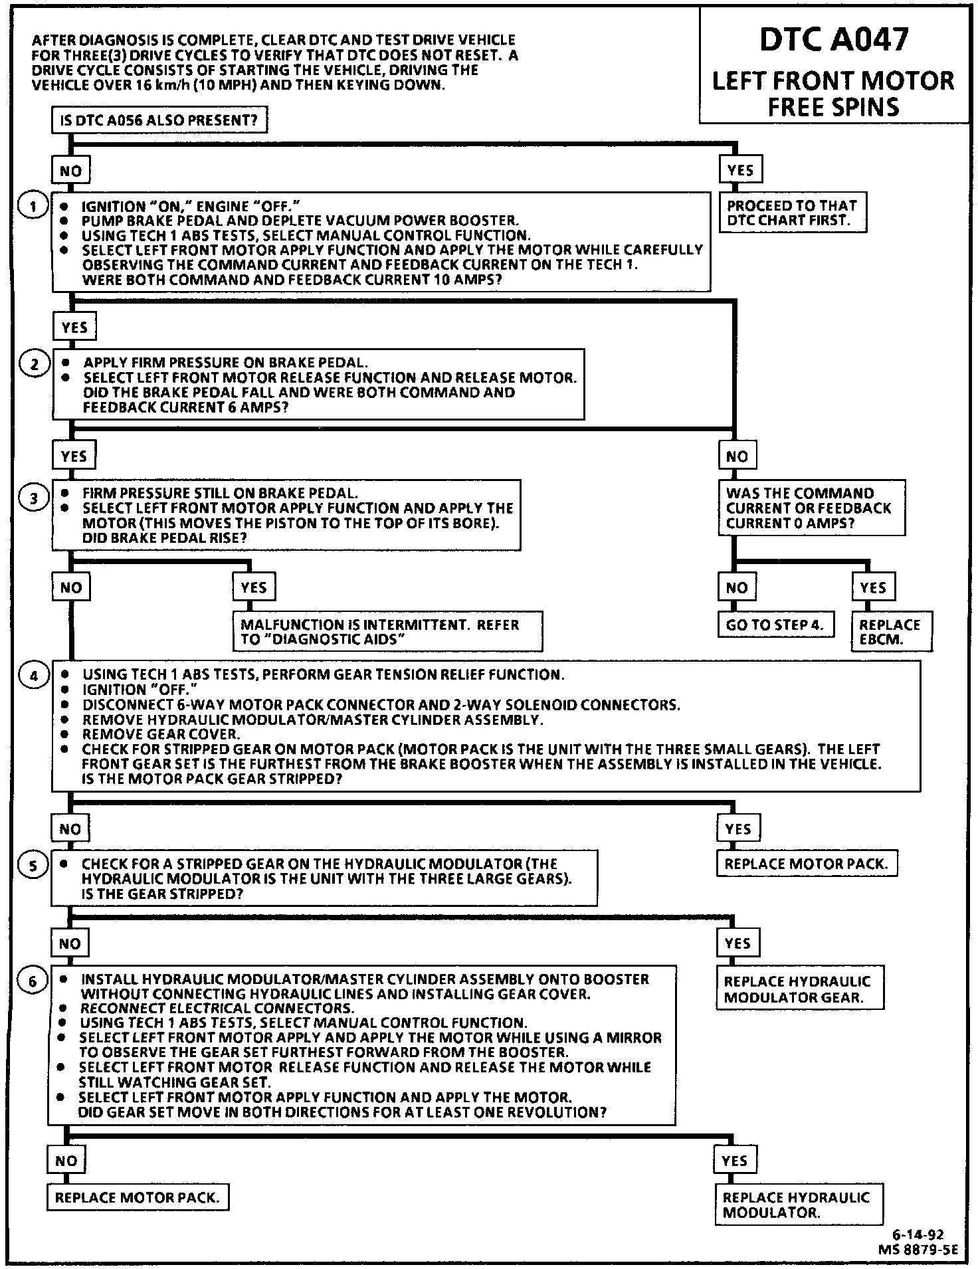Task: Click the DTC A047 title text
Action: click(833, 41)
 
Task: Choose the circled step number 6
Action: click(33, 981)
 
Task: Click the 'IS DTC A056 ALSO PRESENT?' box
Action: click(159, 121)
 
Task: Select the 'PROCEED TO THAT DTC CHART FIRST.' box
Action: click(793, 213)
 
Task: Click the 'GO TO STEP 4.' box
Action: click(775, 625)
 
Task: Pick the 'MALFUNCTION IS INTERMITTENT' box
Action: click(387, 632)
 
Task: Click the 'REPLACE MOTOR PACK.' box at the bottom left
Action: click(134, 1198)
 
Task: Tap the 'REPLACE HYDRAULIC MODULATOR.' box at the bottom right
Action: click(798, 1205)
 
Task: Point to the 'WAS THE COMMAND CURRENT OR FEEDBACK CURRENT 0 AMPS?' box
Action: click(811, 508)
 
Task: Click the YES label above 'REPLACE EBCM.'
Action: click(873, 587)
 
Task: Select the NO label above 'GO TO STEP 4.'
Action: click(737, 587)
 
